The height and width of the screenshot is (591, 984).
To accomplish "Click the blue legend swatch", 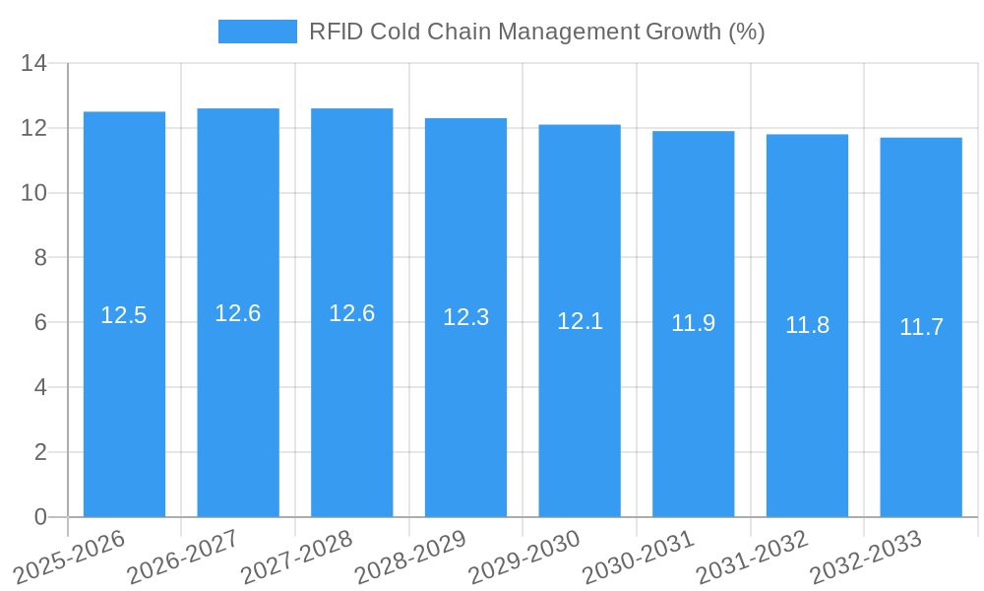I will click(257, 32).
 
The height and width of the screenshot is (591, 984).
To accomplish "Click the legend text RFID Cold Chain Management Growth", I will click(536, 32).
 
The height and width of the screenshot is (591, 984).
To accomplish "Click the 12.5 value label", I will click(124, 316).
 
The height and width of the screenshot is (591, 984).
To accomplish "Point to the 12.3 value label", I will click(465, 318).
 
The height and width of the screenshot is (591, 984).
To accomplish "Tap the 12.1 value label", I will click(580, 321).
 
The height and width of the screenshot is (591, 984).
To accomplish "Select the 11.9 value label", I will click(693, 323).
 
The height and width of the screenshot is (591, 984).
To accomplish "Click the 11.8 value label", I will click(807, 325).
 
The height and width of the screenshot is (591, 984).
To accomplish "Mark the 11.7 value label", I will click(921, 327).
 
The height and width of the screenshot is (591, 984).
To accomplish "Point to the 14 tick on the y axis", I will click(34, 64).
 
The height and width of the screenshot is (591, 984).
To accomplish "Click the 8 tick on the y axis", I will click(40, 258).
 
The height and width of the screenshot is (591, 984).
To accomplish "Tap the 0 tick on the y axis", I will click(40, 517).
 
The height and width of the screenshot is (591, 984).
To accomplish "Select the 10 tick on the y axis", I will click(34, 193).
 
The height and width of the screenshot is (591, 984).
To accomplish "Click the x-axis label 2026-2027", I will click(183, 558).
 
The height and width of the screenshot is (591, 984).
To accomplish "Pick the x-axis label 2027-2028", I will click(297, 558).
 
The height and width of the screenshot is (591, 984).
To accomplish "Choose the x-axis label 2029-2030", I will click(524, 558).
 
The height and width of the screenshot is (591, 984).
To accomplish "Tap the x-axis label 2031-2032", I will click(753, 558).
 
